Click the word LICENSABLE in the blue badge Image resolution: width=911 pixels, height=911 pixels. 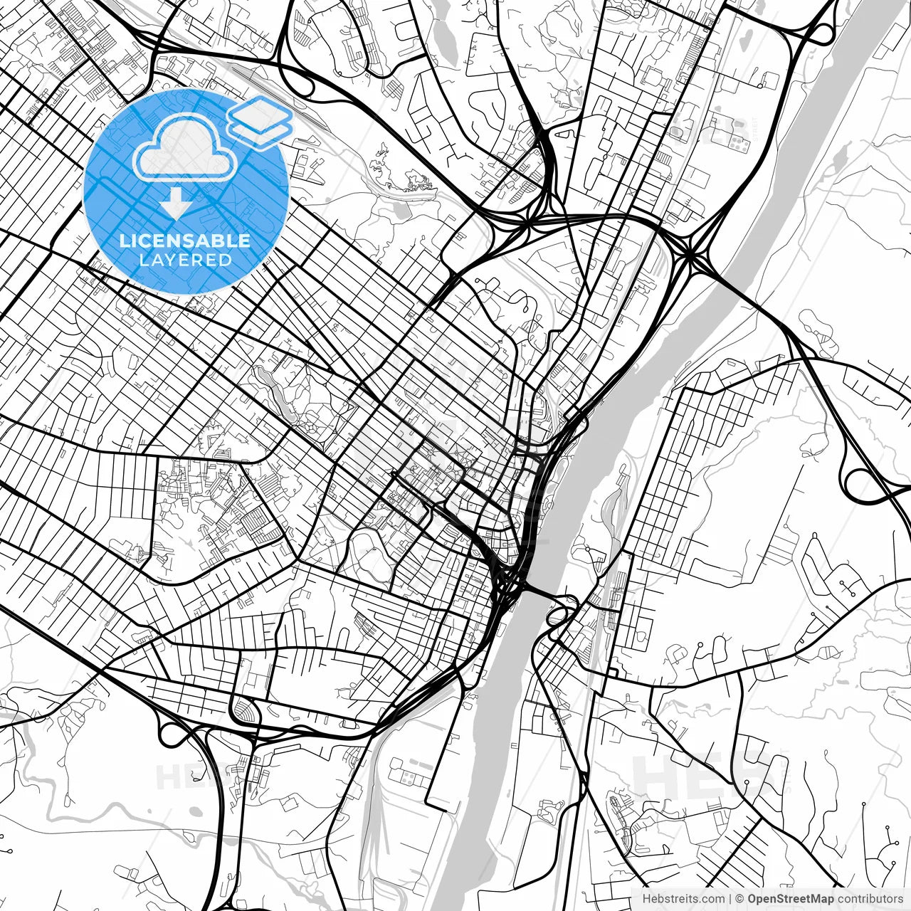185,240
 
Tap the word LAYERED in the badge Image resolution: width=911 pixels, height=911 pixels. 185,260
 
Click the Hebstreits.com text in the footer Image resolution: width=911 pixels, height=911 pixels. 684,899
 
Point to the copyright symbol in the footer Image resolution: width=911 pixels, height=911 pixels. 739,899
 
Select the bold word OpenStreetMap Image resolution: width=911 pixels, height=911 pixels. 790,899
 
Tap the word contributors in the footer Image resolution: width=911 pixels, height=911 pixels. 870,899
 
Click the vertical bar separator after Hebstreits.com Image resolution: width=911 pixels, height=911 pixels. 731,899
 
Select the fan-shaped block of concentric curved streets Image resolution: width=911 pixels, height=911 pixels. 244,710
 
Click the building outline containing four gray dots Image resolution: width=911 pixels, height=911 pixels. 738,144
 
